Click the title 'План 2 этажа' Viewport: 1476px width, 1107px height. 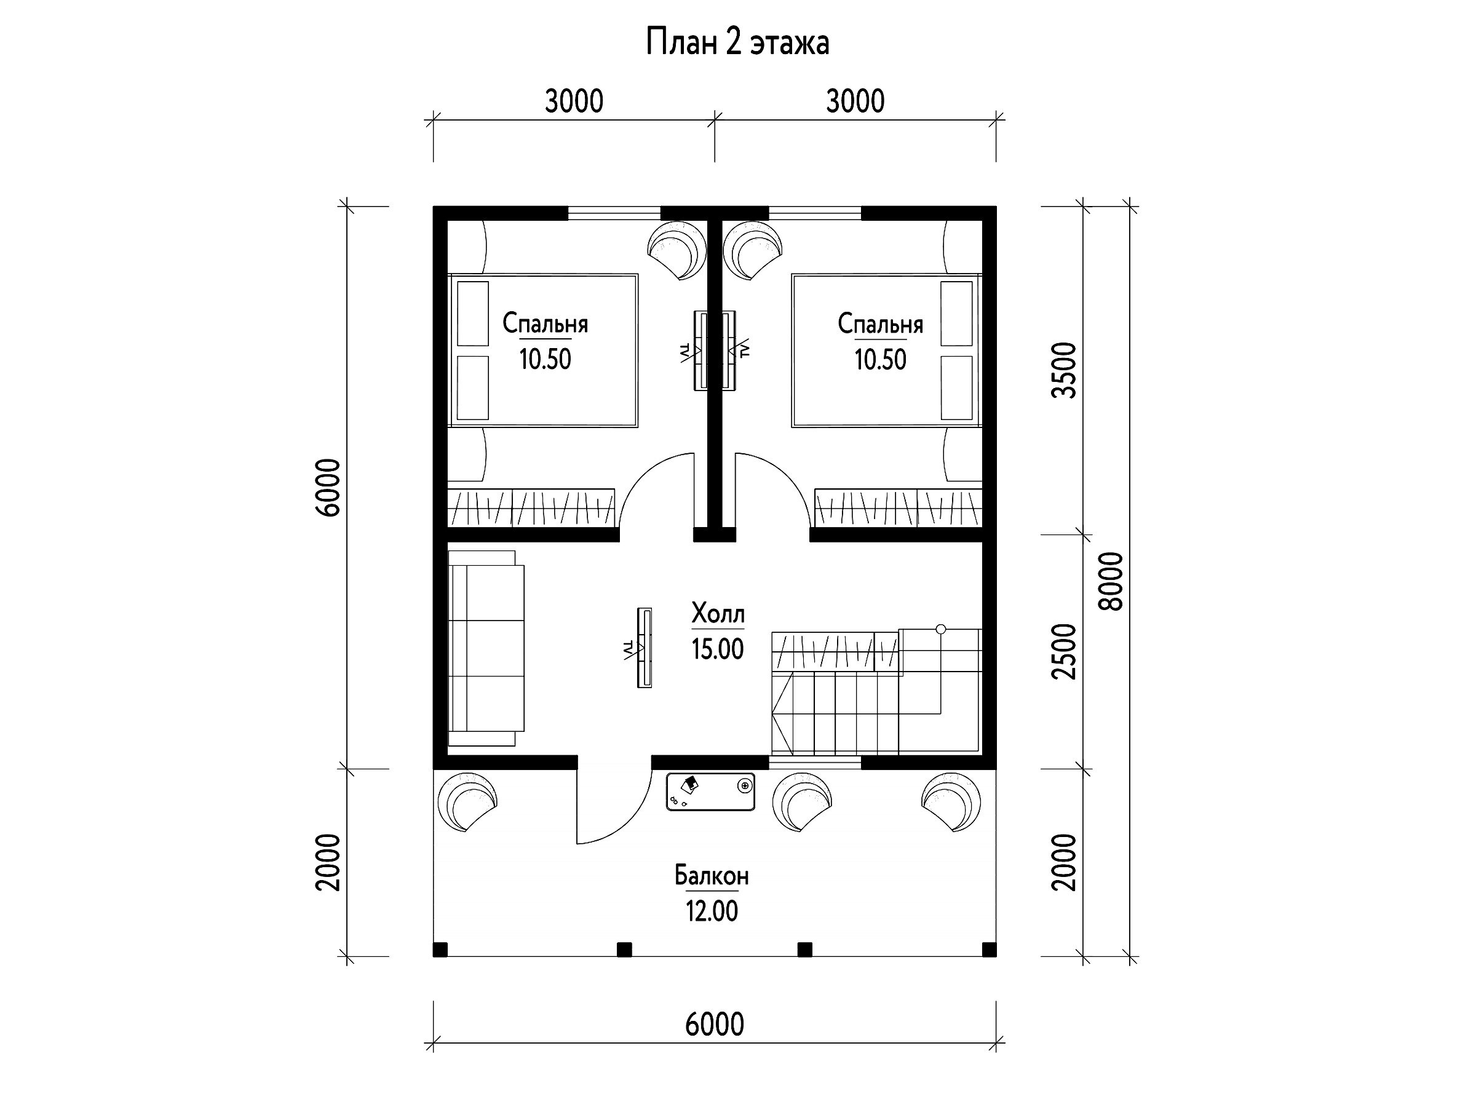737,42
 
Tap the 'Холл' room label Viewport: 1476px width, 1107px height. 718,613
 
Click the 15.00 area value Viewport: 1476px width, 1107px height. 717,649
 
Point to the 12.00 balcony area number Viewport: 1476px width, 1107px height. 712,911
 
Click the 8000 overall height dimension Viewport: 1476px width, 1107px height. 1111,581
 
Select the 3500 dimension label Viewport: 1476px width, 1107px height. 1065,370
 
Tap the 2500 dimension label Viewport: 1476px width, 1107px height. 1065,652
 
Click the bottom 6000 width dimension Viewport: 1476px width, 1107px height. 715,1024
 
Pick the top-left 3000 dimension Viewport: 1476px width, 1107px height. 574,101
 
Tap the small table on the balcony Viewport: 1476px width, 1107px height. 711,792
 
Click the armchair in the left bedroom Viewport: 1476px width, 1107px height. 677,252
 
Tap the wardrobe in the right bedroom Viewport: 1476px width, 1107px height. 898,509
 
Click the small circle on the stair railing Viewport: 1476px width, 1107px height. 941,629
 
